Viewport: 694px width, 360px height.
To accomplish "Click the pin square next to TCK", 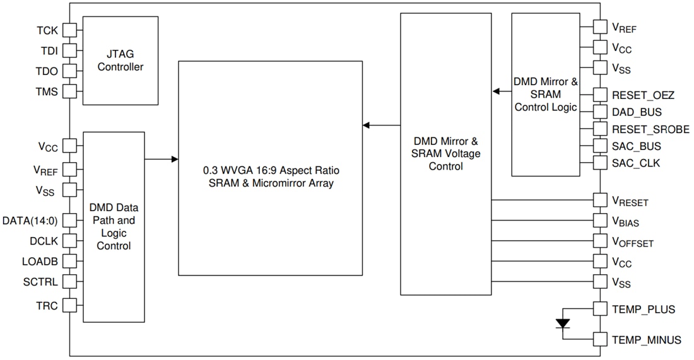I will [69, 30].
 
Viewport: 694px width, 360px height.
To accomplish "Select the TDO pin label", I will [47, 71].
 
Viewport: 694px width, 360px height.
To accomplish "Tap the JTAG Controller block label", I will [120, 61].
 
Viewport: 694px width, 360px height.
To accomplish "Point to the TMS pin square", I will [69, 91].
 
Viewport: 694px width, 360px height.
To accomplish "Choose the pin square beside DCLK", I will [69, 240].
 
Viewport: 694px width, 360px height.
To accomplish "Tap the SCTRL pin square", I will [69, 281].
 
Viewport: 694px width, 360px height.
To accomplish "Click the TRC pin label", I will [47, 306].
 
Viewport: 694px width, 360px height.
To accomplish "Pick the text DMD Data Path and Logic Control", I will [114, 226].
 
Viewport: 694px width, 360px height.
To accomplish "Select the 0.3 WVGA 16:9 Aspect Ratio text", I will [271, 171].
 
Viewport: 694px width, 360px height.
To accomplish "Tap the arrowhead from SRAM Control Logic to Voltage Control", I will [496, 91].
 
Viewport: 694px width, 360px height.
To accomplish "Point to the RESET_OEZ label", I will [643, 96].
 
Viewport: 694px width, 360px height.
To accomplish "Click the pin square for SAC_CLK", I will [600, 163].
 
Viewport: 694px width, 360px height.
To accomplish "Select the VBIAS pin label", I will [630, 222].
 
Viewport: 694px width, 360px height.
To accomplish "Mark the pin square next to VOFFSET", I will [600, 241].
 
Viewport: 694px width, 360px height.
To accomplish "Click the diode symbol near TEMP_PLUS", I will [562, 324].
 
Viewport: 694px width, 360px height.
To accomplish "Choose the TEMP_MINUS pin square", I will [600, 339].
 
